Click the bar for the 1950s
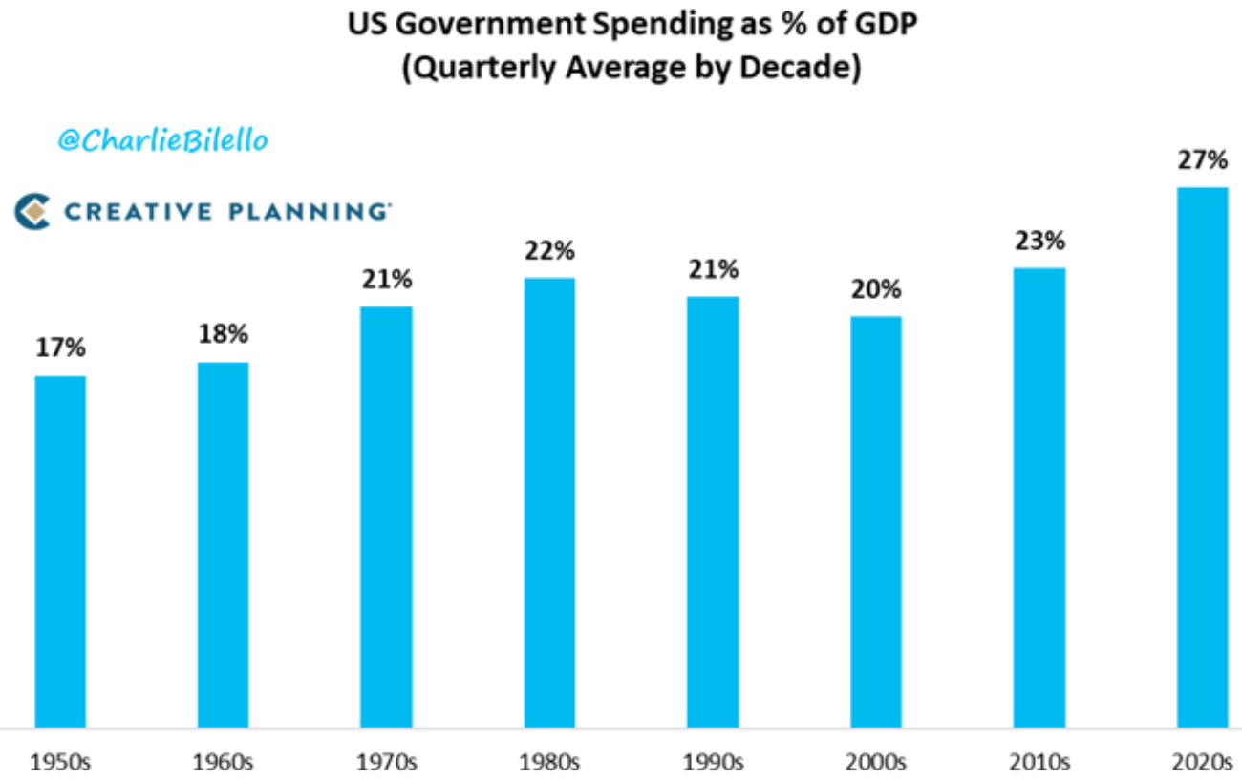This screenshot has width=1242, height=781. pos(60,552)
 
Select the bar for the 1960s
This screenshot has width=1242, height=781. pos(223,545)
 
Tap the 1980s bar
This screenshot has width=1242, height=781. pos(549,503)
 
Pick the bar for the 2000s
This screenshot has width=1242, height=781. pos(876,522)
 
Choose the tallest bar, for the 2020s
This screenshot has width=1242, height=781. pos(1202,457)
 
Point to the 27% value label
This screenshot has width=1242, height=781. pos(1202,160)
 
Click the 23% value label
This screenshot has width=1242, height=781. pos(1039,242)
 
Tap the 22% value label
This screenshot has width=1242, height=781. pos(549,251)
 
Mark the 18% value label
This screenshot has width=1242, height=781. pos(223,335)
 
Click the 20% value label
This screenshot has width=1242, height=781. pos(876,289)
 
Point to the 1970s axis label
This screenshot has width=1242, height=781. pos(386,763)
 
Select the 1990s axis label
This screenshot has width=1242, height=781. pos(713,763)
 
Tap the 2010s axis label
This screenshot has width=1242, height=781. pos(1039,763)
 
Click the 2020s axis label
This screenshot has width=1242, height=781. pos(1202,763)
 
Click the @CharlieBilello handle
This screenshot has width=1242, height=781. pos(163,141)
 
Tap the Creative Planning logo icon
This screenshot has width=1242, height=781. pos(32,211)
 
